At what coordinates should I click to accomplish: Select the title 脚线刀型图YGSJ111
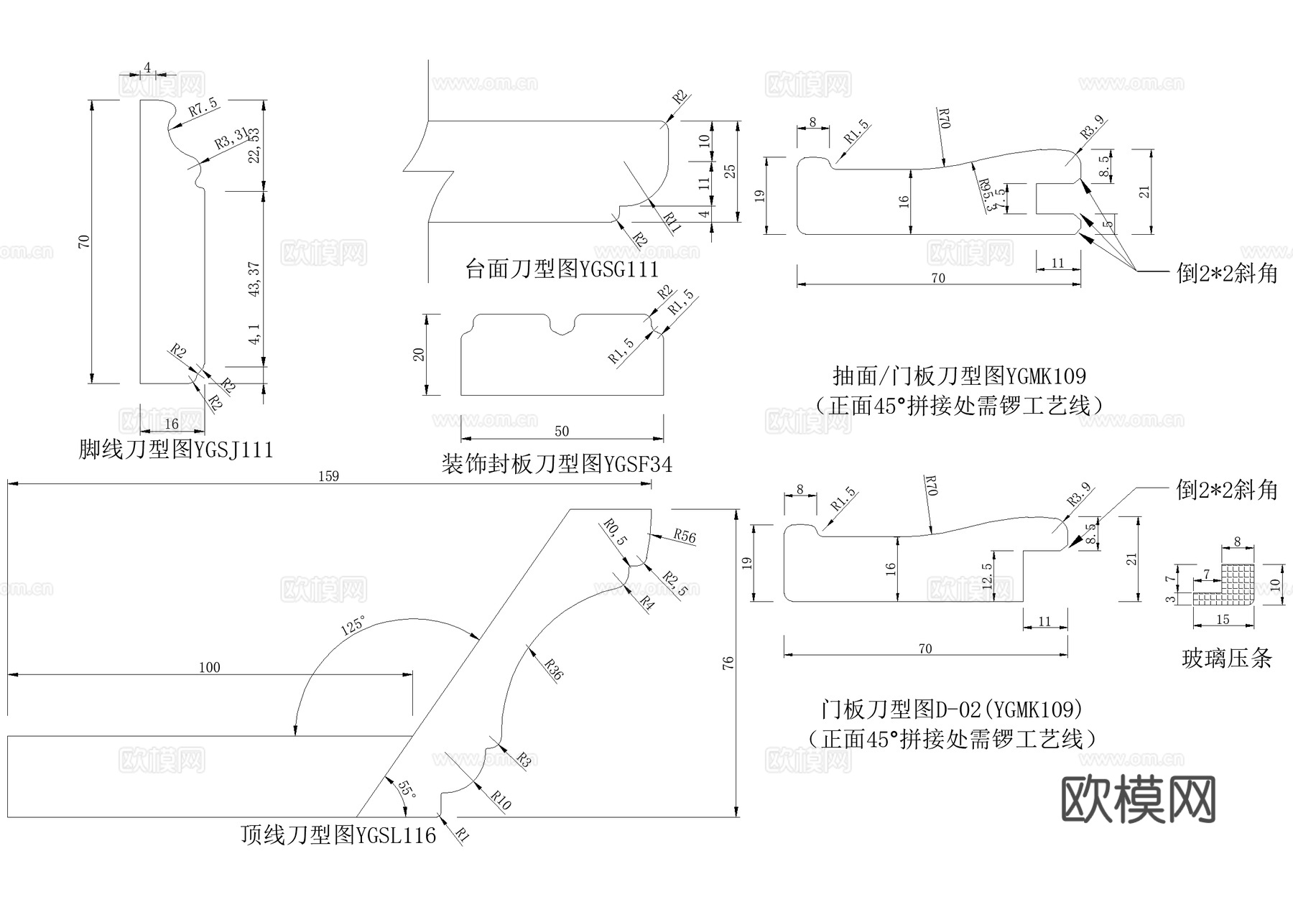pos(176,450)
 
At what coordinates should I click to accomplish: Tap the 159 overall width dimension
pos(328,477)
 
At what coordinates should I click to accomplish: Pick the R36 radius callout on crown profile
pos(554,669)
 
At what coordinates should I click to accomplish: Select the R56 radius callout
pos(685,536)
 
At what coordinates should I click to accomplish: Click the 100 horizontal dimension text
pos(209,668)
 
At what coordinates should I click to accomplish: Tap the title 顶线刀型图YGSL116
pos(338,835)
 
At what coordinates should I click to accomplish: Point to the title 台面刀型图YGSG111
pos(562,269)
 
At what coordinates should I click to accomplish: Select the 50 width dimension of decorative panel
pos(562,431)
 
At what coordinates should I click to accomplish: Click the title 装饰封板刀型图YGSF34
pos(557,465)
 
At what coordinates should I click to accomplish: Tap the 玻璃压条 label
pos(1226,658)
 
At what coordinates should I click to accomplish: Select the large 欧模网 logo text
pos(1139,799)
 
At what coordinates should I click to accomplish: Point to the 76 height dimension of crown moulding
pos(728,662)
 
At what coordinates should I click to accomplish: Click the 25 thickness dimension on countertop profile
pos(730,171)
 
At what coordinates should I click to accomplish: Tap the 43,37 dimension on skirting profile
pos(254,279)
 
